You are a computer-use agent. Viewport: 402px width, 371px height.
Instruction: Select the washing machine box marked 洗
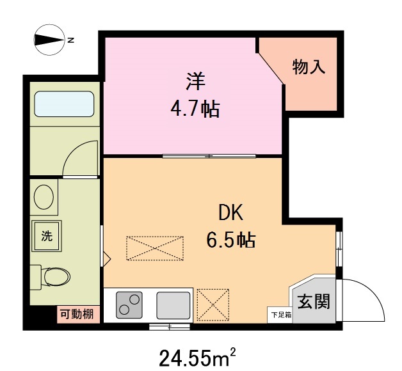click(x=47, y=235)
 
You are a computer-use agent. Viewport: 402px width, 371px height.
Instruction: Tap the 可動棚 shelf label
click(x=77, y=314)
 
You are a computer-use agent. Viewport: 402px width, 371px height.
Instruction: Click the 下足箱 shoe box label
click(x=280, y=314)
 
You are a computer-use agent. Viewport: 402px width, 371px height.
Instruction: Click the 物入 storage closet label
click(x=309, y=67)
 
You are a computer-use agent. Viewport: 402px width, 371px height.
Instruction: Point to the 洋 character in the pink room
click(x=195, y=81)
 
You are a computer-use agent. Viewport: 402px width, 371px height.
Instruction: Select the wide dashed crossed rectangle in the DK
click(x=155, y=248)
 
